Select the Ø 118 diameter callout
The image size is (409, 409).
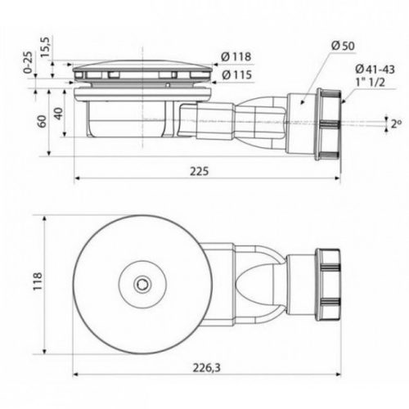(x=235, y=56)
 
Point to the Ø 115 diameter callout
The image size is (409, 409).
(x=235, y=74)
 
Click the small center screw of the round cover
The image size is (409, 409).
(x=143, y=283)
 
